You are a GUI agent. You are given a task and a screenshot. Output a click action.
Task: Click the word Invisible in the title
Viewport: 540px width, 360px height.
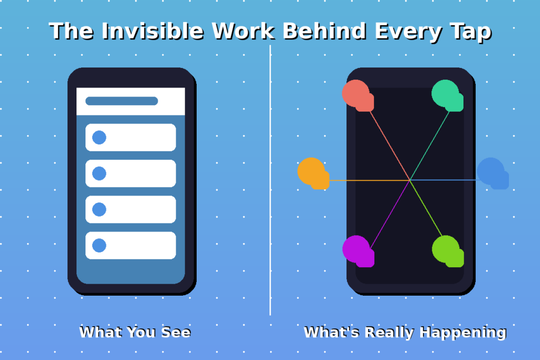(x=152, y=31)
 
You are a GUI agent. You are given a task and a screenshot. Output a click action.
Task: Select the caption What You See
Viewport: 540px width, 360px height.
(x=134, y=332)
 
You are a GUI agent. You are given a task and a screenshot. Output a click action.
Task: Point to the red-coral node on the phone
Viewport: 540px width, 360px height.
(x=356, y=94)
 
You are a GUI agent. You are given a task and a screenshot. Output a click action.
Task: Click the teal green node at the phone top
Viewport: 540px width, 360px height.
(x=446, y=94)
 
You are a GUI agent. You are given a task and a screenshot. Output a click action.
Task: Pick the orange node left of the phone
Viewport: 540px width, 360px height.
(x=312, y=172)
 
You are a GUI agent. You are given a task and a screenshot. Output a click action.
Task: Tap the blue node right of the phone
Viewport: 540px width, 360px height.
(x=491, y=172)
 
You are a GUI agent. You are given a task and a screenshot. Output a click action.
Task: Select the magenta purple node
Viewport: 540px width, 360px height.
(x=357, y=250)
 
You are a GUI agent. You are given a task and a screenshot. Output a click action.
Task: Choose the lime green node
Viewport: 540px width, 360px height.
(x=447, y=250)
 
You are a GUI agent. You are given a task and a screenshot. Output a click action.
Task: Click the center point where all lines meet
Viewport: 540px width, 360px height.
(x=410, y=180)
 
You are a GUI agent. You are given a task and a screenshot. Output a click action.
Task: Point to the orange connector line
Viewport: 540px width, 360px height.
(x=369, y=181)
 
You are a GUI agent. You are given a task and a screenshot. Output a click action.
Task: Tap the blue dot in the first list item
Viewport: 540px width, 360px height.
(x=99, y=138)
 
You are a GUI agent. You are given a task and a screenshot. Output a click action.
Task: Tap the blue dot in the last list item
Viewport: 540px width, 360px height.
(x=99, y=245)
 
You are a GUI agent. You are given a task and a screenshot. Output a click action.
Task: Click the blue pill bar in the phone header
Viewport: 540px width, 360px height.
(x=122, y=101)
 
